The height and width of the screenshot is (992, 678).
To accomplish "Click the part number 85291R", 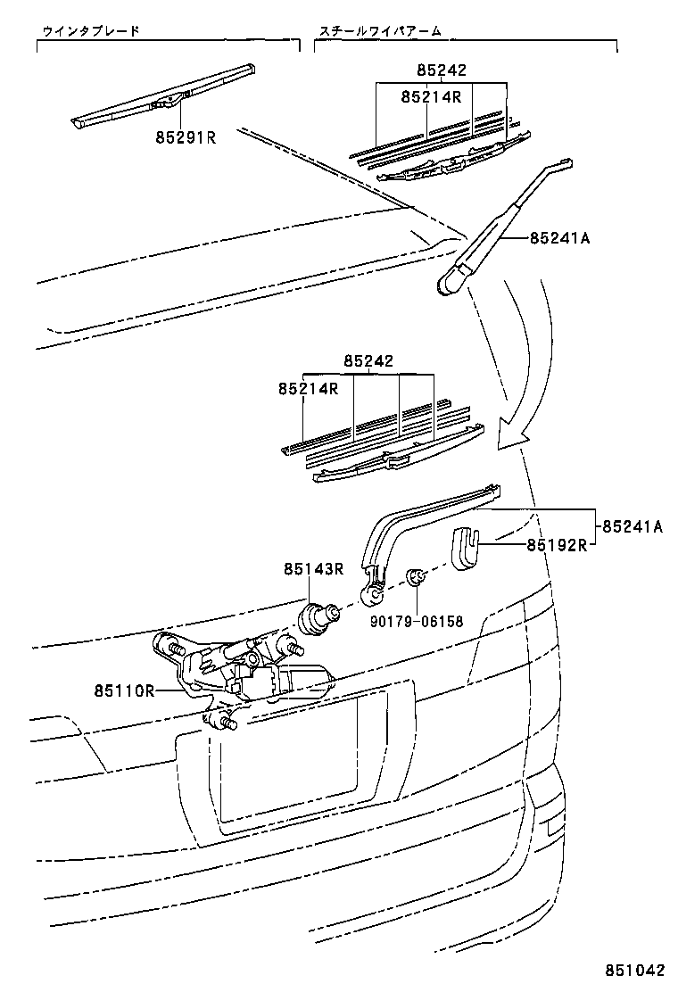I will point(186,137).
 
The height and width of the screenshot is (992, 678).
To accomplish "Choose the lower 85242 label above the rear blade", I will point(368,361).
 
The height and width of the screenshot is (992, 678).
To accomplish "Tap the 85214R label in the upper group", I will point(431,96).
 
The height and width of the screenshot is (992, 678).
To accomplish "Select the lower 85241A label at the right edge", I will point(631,526).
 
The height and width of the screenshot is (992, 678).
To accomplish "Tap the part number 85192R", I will point(554,545).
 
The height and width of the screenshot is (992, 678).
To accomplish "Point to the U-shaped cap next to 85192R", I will point(464,546).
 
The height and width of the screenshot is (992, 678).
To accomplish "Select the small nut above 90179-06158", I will point(415,578).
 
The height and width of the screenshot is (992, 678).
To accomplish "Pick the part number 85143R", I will point(314,568).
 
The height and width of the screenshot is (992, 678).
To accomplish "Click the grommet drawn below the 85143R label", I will point(318,616).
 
